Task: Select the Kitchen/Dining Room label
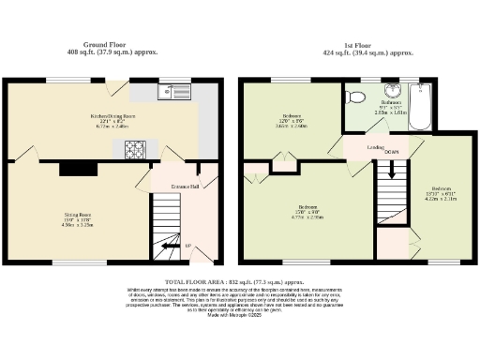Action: (x=112, y=115)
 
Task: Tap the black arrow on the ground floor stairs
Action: (x=171, y=247)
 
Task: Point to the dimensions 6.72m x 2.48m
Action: (x=112, y=127)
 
